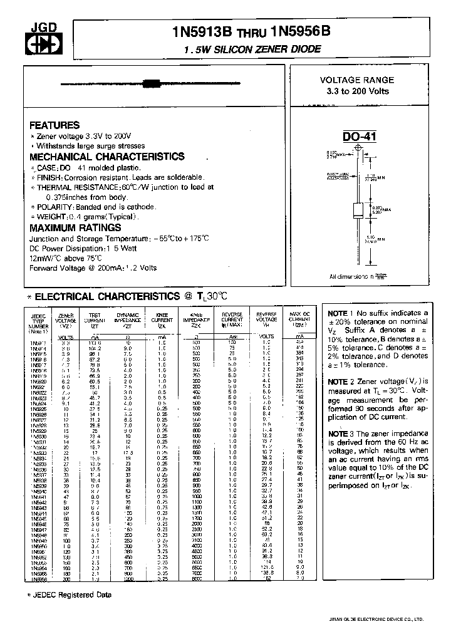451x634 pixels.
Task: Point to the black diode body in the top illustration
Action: point(150,83)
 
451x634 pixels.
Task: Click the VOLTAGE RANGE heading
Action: point(357,80)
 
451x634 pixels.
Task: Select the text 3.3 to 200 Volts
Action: point(357,91)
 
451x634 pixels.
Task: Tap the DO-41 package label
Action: point(358,137)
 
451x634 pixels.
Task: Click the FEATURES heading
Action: point(54,125)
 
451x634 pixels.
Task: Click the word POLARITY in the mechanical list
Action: point(53,207)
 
